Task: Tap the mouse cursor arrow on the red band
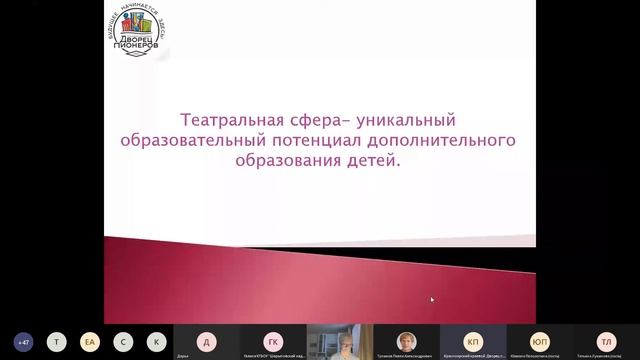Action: coord(432,299)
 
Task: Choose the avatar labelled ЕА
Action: coord(89,340)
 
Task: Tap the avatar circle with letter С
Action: coord(121,340)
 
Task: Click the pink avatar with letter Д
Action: coord(205,339)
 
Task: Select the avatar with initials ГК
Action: coord(272,339)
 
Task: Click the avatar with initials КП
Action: coord(473,339)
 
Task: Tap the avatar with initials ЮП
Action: coord(539,339)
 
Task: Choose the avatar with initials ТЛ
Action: coord(606,339)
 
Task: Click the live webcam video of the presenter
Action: coord(338,341)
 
